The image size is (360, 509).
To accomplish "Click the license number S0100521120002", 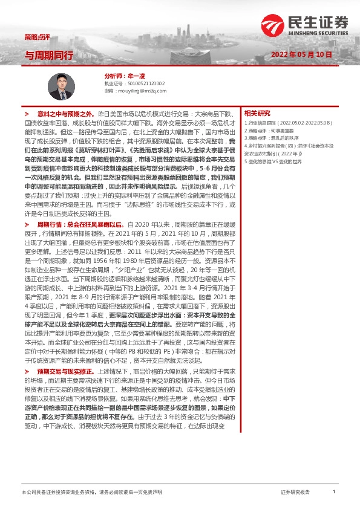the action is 143,83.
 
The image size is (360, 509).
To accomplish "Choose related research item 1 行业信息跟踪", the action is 287,123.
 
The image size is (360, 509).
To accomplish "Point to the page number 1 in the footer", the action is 333,493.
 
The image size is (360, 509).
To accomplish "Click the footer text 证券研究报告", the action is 295,493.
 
